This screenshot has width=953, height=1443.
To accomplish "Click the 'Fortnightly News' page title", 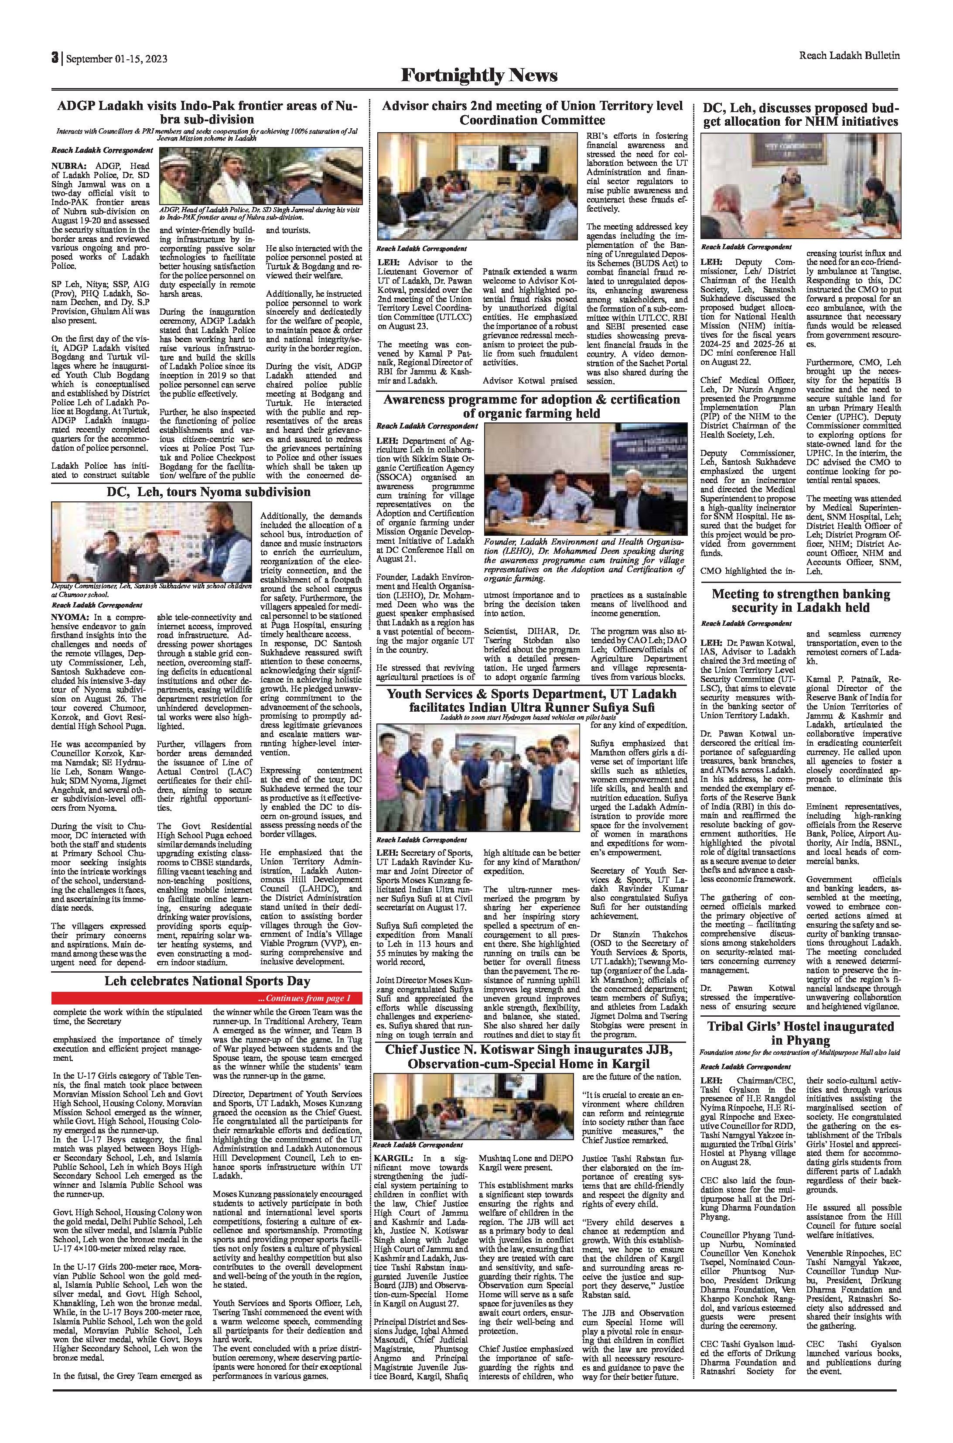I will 479,75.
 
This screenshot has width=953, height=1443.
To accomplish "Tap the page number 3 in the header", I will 55,58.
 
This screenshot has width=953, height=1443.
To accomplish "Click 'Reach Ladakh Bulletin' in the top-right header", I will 849,55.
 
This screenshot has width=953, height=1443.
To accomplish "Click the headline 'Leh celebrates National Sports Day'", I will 207,981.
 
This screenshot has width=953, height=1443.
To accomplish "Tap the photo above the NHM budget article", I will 800,188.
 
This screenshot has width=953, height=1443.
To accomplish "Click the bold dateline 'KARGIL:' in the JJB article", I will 393,1176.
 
